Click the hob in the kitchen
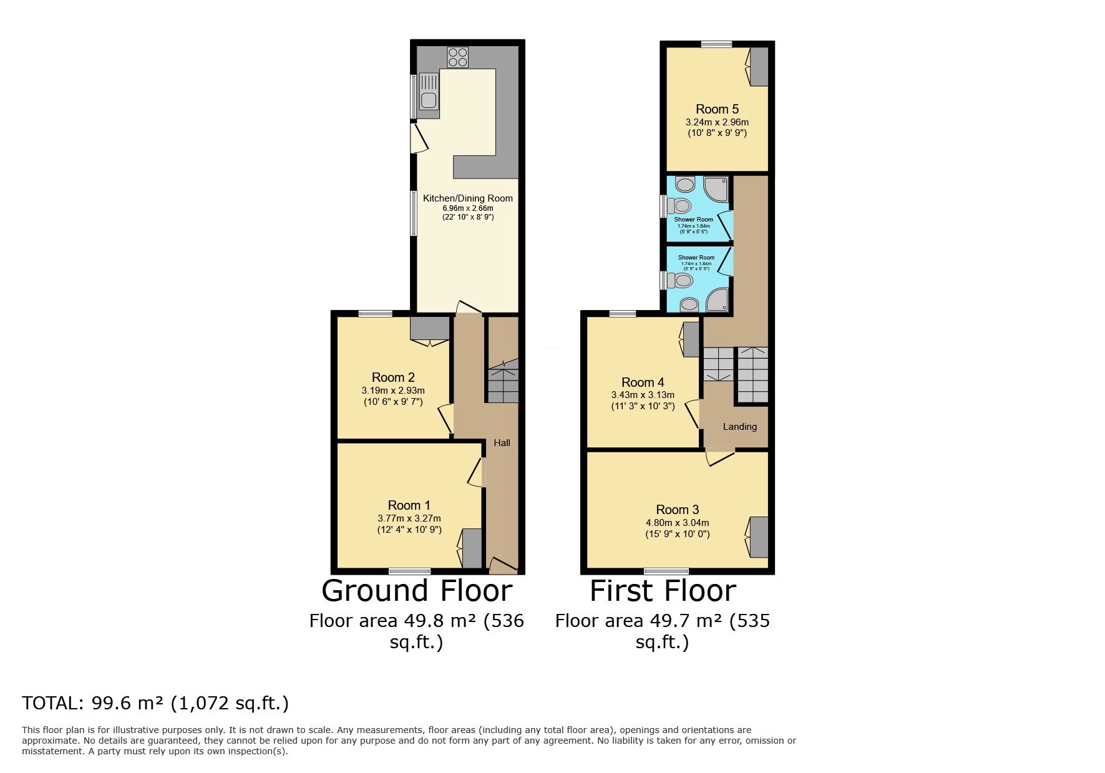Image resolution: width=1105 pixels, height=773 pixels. tap(457, 57)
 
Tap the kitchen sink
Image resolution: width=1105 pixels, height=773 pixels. tap(429, 96)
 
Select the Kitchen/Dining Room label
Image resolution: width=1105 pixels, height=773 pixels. tap(468, 198)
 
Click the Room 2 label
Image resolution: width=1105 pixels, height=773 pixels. tap(393, 377)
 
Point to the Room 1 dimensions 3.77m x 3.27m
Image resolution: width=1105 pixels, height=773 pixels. tap(409, 518)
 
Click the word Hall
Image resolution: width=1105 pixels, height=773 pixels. tap(502, 443)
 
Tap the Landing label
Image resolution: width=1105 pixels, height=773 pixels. tap(740, 427)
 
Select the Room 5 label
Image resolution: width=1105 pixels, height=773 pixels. tap(718, 109)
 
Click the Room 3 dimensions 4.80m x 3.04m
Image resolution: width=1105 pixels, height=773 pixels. tap(678, 523)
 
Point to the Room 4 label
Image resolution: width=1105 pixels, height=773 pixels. tap(643, 382)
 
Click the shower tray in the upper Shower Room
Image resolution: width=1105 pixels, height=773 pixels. tap(716, 190)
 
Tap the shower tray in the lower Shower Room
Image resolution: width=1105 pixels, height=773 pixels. tap(716, 299)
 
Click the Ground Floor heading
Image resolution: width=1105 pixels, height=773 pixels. tap(417, 590)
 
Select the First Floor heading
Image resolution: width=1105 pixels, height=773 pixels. tap(663, 590)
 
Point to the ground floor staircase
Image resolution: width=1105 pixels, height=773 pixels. tap(503, 380)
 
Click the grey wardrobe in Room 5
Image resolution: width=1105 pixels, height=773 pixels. tap(759, 67)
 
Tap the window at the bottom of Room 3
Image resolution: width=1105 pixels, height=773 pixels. tap(666, 570)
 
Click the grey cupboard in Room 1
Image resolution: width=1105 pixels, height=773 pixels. tap(472, 548)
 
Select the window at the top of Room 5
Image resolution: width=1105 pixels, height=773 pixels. tap(716, 44)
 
